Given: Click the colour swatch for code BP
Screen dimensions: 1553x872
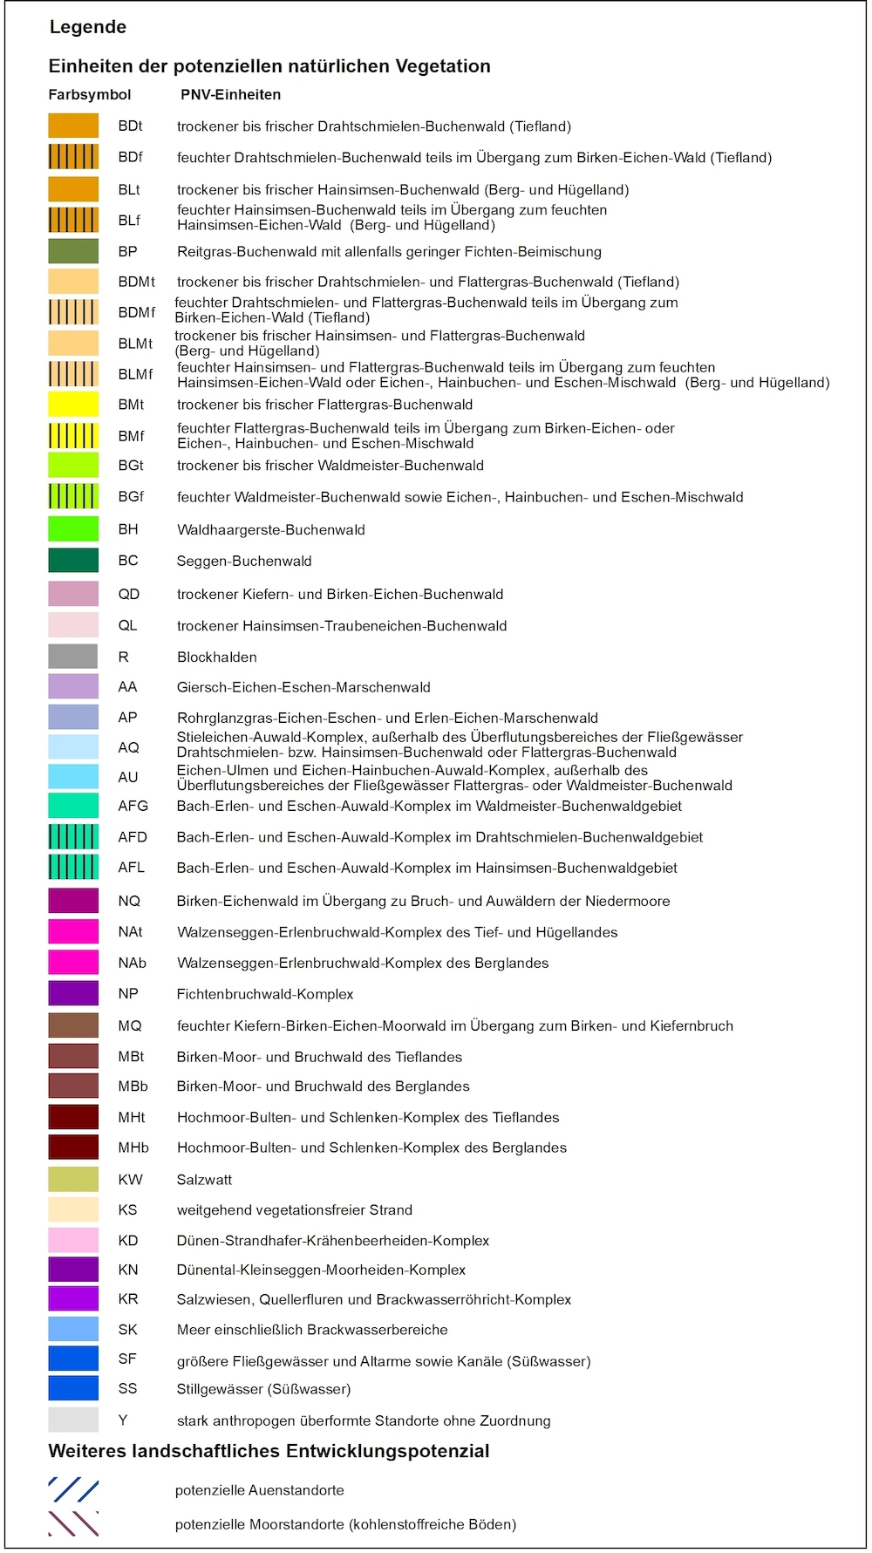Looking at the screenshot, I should tap(73, 251).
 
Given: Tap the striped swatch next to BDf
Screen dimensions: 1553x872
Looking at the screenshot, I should tap(73, 157).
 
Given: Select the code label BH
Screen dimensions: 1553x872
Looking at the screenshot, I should tap(128, 529).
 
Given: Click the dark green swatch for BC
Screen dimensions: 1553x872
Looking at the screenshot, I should tap(73, 561).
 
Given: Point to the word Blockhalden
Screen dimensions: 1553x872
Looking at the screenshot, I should tap(216, 657).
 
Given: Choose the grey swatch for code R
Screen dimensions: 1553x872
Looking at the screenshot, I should tap(73, 657).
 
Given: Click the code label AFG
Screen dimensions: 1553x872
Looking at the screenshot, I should tap(133, 806).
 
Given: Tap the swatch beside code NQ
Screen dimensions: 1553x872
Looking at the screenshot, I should tap(73, 901).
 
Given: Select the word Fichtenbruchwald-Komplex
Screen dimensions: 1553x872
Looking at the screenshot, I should tap(265, 994).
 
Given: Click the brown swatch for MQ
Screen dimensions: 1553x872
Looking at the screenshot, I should tap(73, 1025).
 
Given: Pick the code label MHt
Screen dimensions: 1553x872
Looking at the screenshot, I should tap(132, 1117).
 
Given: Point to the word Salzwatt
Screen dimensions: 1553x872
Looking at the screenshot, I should tap(204, 1180).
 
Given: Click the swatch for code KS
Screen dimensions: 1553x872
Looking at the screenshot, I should tap(73, 1209).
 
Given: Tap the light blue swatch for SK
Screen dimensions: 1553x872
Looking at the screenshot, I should tap(73, 1330).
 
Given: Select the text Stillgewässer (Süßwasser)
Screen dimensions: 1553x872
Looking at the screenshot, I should tap(263, 1389).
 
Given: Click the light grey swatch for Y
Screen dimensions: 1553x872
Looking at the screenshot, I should tap(73, 1420).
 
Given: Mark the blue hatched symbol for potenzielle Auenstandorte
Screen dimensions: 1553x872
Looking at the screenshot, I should tap(73, 1490).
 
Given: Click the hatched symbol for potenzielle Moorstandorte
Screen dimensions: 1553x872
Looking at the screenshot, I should tap(73, 1523).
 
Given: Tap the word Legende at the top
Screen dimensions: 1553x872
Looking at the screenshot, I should tap(88, 27).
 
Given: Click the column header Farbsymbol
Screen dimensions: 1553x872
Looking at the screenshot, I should tap(90, 95).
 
